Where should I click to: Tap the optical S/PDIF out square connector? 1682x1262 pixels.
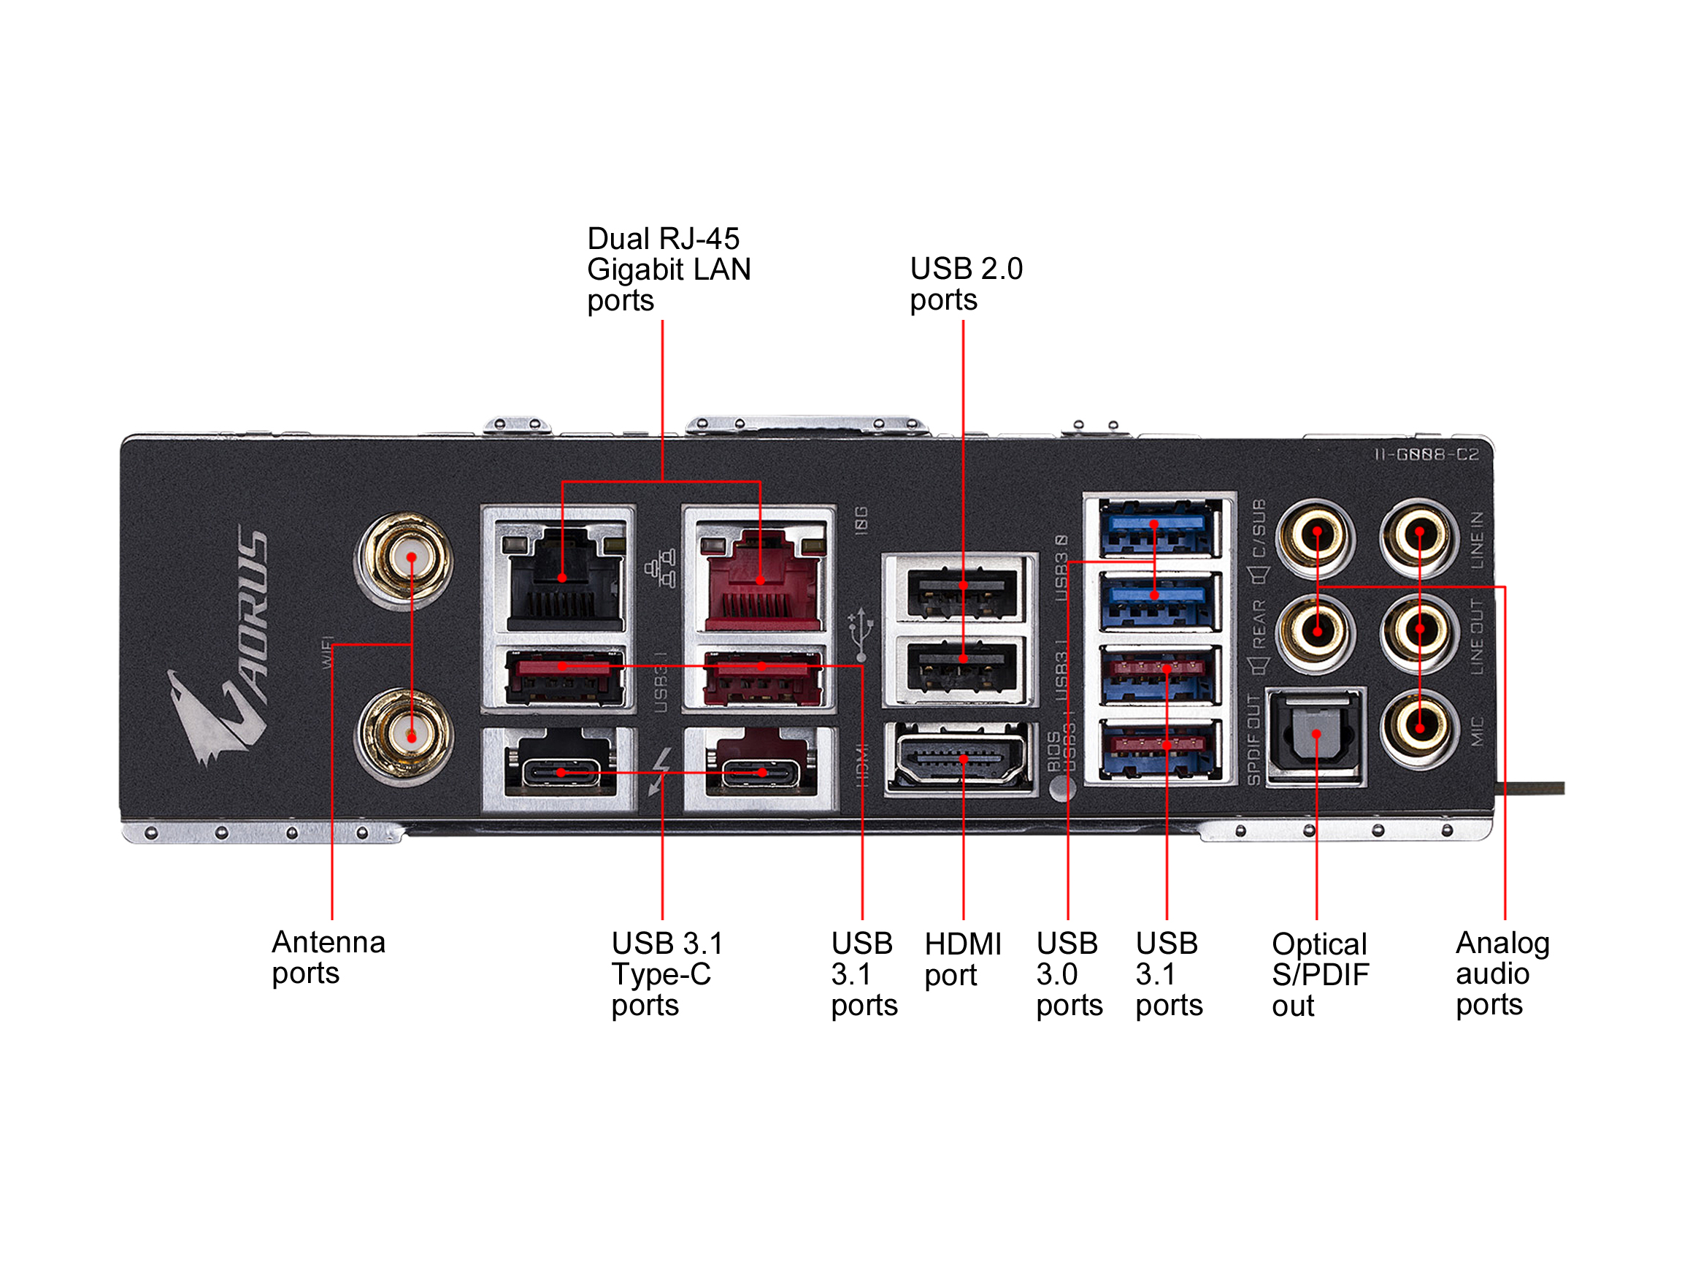pos(1316,735)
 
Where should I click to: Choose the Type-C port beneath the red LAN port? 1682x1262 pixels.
pos(761,773)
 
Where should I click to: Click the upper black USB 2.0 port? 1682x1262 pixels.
pos(962,591)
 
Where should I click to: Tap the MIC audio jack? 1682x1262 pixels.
pos(1419,728)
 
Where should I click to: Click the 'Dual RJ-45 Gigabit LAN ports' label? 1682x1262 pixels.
pos(669,269)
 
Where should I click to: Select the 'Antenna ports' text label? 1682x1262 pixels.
pos(328,957)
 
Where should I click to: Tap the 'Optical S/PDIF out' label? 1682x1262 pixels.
pos(1320,974)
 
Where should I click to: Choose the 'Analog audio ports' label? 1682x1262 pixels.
pos(1502,973)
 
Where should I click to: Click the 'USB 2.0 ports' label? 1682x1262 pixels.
pos(966,284)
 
